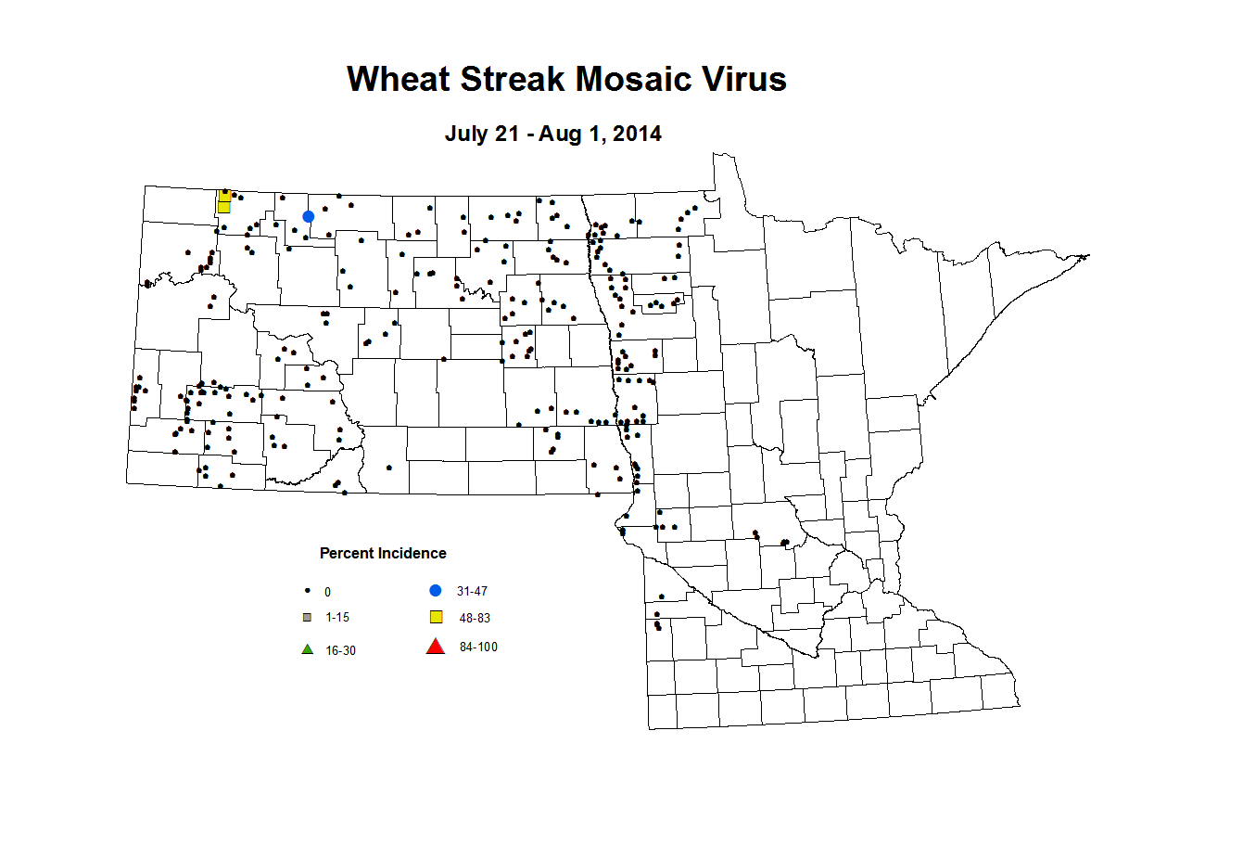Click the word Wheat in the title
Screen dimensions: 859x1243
(x=399, y=79)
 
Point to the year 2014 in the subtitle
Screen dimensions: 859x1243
(x=637, y=134)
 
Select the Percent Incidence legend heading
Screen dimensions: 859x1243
(x=383, y=553)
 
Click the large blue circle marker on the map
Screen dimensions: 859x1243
(x=309, y=216)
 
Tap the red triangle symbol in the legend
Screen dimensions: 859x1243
(x=436, y=647)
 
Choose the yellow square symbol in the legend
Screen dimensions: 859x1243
(x=436, y=617)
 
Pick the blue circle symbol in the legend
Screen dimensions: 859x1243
(x=436, y=590)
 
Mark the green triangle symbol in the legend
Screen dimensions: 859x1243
(x=308, y=649)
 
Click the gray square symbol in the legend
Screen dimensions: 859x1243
(x=308, y=617)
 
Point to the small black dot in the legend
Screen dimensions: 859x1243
(x=307, y=591)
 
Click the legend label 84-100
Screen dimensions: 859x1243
(x=478, y=647)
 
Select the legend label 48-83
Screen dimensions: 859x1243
(x=475, y=618)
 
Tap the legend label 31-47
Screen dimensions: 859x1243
(x=472, y=591)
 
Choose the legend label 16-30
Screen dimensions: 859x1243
(x=340, y=650)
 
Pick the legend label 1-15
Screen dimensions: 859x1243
(x=337, y=617)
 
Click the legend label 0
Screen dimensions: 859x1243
(x=327, y=592)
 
